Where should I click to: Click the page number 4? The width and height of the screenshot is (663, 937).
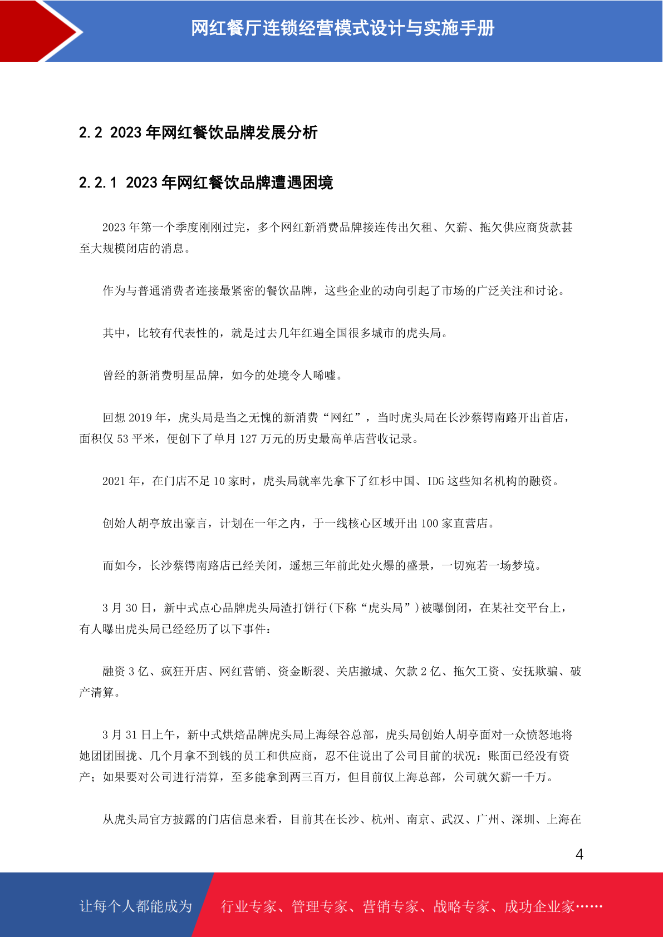click(x=579, y=855)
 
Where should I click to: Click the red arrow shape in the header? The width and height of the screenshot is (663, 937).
click(x=33, y=31)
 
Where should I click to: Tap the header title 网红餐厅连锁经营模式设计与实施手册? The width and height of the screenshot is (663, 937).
click(x=342, y=28)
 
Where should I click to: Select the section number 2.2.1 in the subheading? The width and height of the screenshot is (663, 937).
click(x=98, y=183)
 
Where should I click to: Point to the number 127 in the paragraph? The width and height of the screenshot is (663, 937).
click(x=248, y=439)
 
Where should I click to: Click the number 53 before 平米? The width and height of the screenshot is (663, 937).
click(x=122, y=439)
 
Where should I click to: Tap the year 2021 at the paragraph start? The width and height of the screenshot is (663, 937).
click(x=114, y=481)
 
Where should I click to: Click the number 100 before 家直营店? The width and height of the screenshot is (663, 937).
click(x=429, y=524)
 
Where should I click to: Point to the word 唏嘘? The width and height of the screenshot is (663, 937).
click(x=325, y=376)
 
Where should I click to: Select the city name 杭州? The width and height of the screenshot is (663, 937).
click(x=383, y=820)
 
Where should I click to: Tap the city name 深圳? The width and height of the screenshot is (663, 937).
click(x=523, y=820)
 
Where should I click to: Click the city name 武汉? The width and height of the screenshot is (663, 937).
click(x=453, y=820)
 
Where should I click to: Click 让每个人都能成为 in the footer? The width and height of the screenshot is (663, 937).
click(x=136, y=906)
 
